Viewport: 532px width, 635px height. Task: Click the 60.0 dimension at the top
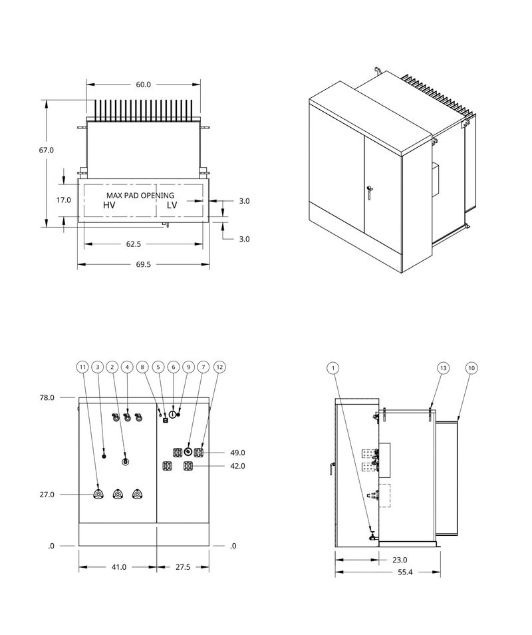(x=144, y=85)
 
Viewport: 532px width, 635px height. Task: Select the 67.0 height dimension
(x=46, y=150)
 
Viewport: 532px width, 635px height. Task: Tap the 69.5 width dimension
(x=144, y=264)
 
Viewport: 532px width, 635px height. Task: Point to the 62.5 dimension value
(x=133, y=244)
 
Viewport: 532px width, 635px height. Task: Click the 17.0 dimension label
(x=64, y=200)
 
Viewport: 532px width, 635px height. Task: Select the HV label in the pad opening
(x=109, y=206)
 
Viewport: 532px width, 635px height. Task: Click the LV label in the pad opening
(x=172, y=206)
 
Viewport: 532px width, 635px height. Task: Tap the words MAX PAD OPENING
(x=140, y=195)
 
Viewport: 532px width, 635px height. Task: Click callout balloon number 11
(x=82, y=367)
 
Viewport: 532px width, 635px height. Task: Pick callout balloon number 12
(x=220, y=367)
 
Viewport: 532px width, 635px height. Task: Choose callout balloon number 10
(x=471, y=367)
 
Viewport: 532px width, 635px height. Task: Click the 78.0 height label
(x=47, y=397)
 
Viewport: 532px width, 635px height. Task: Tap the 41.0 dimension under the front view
(x=118, y=567)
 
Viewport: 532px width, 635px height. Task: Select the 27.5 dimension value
(x=182, y=567)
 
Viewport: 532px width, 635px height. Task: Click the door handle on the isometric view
(x=368, y=192)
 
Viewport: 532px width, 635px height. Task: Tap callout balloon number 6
(x=173, y=367)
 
